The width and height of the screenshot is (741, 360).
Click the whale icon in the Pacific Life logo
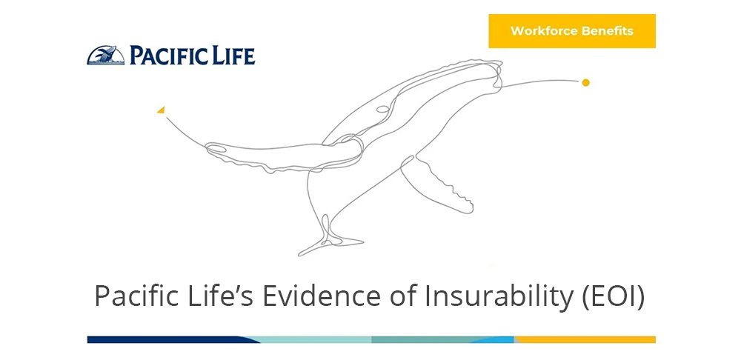106,56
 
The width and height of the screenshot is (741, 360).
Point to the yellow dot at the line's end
585,83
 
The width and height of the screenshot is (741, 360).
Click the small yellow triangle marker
161,110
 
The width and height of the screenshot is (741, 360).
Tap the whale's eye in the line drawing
383,109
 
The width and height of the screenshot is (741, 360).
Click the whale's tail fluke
330,239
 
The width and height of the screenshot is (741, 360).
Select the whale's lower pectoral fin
437,184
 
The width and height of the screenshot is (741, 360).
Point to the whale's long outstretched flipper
284,156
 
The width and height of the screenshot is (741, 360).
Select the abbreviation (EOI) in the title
614,298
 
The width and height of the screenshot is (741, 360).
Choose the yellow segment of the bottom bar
585,340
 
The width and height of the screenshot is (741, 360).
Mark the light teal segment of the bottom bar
312,340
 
